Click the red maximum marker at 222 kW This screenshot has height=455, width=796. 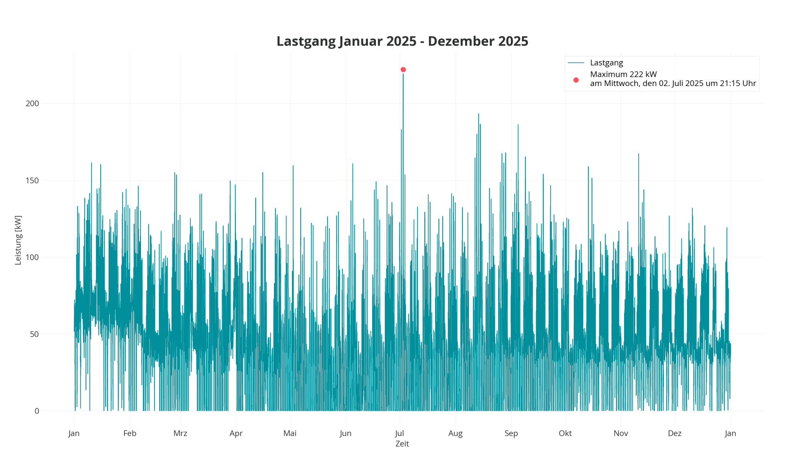[403, 70]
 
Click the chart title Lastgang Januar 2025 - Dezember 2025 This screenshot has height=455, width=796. [402, 41]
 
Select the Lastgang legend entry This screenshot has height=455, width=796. [606, 63]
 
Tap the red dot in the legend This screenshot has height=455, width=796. [576, 80]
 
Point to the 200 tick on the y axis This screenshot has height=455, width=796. [32, 103]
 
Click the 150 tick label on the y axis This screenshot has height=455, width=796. [32, 180]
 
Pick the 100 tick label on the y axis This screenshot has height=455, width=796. [32, 257]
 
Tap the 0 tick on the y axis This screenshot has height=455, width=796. [37, 411]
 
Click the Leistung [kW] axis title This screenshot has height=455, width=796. [18, 240]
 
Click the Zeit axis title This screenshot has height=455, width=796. [402, 444]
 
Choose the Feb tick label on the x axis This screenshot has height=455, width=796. [130, 433]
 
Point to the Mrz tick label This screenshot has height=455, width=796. [180, 433]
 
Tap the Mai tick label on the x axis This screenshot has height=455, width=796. [290, 433]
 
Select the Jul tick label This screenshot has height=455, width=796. [400, 433]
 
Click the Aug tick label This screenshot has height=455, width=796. [455, 433]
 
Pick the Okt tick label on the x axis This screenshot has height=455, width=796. [565, 433]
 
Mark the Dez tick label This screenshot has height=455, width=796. [675, 433]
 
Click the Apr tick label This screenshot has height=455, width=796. [236, 433]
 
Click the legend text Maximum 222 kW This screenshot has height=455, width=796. [623, 74]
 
